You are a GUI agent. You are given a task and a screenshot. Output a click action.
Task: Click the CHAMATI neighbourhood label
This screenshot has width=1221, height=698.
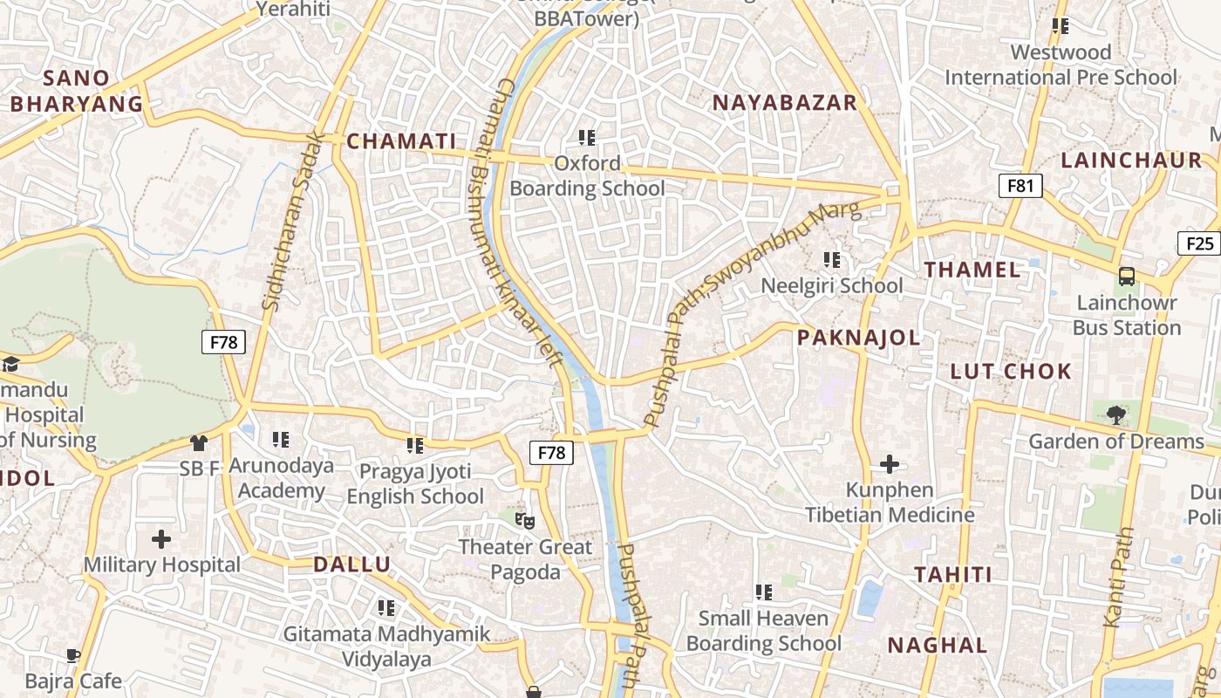[x=401, y=141]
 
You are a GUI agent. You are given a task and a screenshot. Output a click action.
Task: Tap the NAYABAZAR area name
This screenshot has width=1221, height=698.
[x=785, y=103]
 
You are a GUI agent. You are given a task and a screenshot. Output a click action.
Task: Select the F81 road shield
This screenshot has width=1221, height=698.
[x=1020, y=185]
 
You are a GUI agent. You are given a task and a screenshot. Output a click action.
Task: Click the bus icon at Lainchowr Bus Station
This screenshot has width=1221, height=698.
[x=1127, y=277]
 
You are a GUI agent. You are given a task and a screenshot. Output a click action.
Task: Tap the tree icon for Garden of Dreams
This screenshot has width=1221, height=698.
[x=1115, y=414]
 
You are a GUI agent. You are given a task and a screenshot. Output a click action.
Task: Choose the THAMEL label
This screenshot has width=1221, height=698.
[x=972, y=270]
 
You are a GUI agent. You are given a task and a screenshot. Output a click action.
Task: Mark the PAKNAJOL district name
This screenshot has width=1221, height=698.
[x=858, y=339]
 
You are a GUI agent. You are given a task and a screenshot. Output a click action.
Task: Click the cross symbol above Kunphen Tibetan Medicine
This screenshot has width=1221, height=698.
[x=890, y=463]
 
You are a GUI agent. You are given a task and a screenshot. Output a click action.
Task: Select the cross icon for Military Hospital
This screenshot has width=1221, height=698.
[x=161, y=538]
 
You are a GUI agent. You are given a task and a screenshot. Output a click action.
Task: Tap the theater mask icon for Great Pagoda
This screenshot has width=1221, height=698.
[x=524, y=521]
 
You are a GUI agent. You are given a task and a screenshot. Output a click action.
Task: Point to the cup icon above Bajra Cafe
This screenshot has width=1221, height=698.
[x=73, y=654]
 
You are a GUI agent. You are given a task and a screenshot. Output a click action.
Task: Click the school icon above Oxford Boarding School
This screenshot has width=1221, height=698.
[x=587, y=137]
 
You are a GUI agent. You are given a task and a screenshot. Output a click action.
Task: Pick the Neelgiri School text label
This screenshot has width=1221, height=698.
[x=832, y=285]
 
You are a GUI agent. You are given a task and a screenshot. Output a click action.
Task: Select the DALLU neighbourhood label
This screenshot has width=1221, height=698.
[x=352, y=565]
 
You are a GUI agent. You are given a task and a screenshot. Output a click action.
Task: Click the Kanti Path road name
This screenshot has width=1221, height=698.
[x=1119, y=577]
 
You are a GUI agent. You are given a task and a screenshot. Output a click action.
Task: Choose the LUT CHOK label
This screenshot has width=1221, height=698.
[x=1011, y=372]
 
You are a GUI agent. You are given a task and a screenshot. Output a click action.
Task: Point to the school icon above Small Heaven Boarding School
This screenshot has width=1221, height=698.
[x=764, y=592]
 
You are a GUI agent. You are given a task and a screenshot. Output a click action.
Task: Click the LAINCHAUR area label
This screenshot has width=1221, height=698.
[x=1131, y=161]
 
